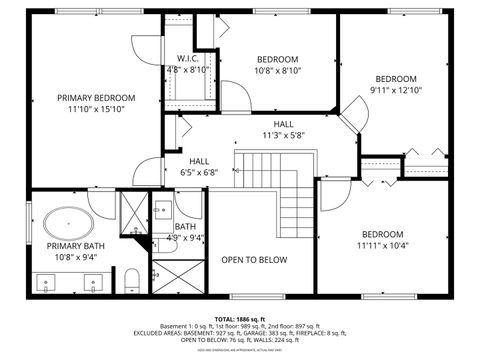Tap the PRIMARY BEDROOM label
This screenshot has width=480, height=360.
click(95, 98)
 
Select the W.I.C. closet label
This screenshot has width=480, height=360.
click(187, 58)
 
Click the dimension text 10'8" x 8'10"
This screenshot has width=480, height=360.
click(278, 71)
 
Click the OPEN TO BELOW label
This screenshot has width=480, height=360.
click(254, 260)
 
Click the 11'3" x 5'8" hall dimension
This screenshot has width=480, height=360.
click(283, 136)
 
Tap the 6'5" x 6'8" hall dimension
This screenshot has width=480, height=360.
click(199, 172)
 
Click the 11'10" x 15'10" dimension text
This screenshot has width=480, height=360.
click(95, 110)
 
